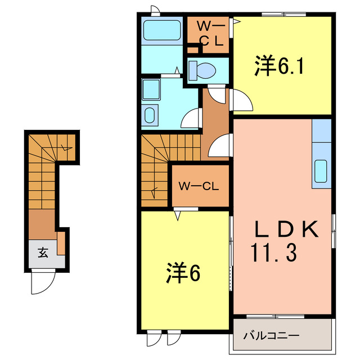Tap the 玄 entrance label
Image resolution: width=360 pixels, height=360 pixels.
coord(43,253)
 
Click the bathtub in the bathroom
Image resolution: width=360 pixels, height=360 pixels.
coord(161,30)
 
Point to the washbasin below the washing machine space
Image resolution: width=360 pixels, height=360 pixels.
coord(151,115)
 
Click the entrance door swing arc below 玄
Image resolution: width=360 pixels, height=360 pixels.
coord(42,281)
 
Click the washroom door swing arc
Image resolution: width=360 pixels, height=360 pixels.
coord(192,118)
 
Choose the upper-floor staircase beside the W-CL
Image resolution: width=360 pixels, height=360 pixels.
coord(155,169)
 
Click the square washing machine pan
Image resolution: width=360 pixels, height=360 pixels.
coord(151,88)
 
